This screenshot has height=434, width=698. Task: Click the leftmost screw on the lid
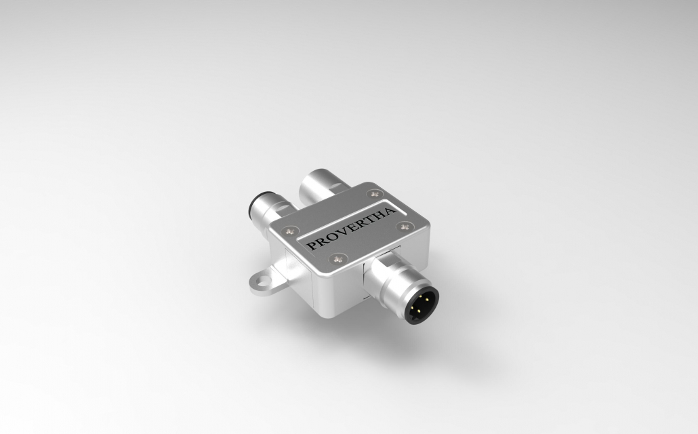(x=291, y=229)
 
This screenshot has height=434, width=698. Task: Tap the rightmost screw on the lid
(x=405, y=226)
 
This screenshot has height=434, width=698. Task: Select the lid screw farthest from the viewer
(x=371, y=194)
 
